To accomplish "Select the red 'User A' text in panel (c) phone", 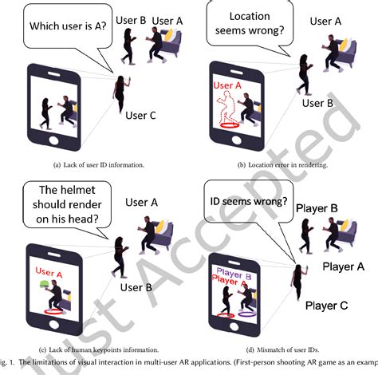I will click(x=49, y=273).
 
